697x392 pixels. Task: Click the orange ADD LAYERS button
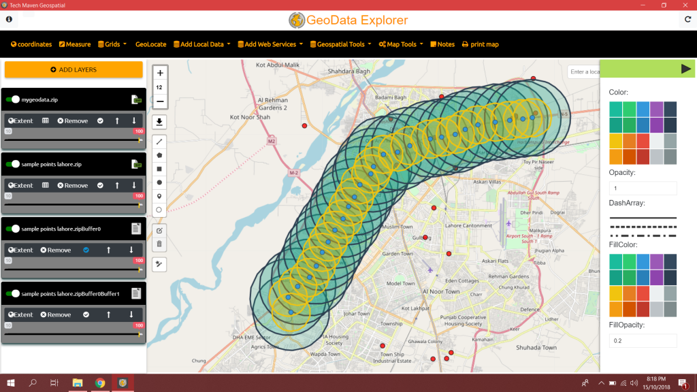[x=74, y=69]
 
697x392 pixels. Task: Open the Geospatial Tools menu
[x=340, y=44]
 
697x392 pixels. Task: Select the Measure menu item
[x=75, y=44]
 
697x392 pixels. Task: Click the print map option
[x=480, y=44]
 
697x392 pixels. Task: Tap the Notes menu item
[x=442, y=44]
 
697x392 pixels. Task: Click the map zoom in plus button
[x=159, y=73]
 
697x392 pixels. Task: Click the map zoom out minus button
[x=159, y=101]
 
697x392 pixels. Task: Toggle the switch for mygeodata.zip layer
[x=12, y=99]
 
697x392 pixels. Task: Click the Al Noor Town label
[x=440, y=291]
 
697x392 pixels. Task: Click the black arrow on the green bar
[x=685, y=68]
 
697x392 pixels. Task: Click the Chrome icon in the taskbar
[x=100, y=382]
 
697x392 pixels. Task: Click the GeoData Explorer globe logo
[x=296, y=20]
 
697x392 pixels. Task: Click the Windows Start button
[x=11, y=382]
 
